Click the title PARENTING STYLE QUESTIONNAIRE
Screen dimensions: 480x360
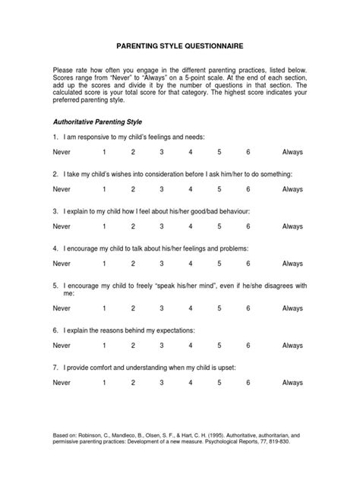[x=179, y=46]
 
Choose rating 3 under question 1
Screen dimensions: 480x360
[x=161, y=152]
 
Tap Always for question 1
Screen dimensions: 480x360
[x=292, y=152]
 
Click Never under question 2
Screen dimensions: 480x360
[x=62, y=189]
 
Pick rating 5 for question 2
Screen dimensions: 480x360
[x=219, y=189]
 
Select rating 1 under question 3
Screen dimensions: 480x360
[x=104, y=226]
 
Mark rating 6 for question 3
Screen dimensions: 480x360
[x=248, y=226]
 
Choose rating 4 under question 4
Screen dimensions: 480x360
[x=190, y=264]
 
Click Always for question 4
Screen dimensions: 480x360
[x=292, y=264]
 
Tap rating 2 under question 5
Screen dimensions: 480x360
[x=133, y=309]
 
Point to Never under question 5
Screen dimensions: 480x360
[x=62, y=309]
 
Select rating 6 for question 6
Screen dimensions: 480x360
[x=248, y=346]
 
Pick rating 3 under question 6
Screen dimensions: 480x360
[x=161, y=346]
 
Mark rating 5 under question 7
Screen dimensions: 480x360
[x=219, y=384]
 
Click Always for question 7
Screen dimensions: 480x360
[x=292, y=384]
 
